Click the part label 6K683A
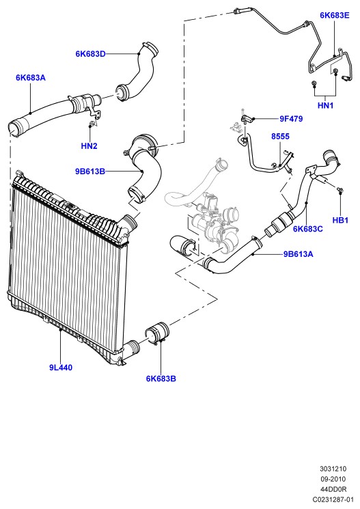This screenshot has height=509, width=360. (x=31, y=78)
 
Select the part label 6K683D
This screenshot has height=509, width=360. (x=91, y=54)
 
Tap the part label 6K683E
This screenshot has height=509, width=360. (x=335, y=15)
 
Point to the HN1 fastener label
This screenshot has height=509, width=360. (x=325, y=105)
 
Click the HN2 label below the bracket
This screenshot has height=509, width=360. (x=89, y=146)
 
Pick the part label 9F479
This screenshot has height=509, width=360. (x=291, y=119)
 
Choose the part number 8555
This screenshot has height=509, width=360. (x=280, y=137)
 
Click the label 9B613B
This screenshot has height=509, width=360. (x=90, y=171)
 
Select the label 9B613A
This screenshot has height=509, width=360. (x=299, y=254)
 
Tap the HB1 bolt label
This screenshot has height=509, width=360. (x=340, y=220)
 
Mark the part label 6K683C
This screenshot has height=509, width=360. (x=307, y=229)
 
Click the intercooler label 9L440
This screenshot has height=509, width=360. (x=61, y=368)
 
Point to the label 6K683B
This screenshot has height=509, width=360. (x=161, y=379)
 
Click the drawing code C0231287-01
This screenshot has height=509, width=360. (x=333, y=499)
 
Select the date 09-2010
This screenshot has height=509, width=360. (x=333, y=479)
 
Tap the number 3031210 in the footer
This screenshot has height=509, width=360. (x=333, y=469)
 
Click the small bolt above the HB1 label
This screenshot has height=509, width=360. (x=340, y=190)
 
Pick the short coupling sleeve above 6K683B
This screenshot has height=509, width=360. (x=157, y=332)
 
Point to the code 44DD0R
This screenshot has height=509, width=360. (x=333, y=489)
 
